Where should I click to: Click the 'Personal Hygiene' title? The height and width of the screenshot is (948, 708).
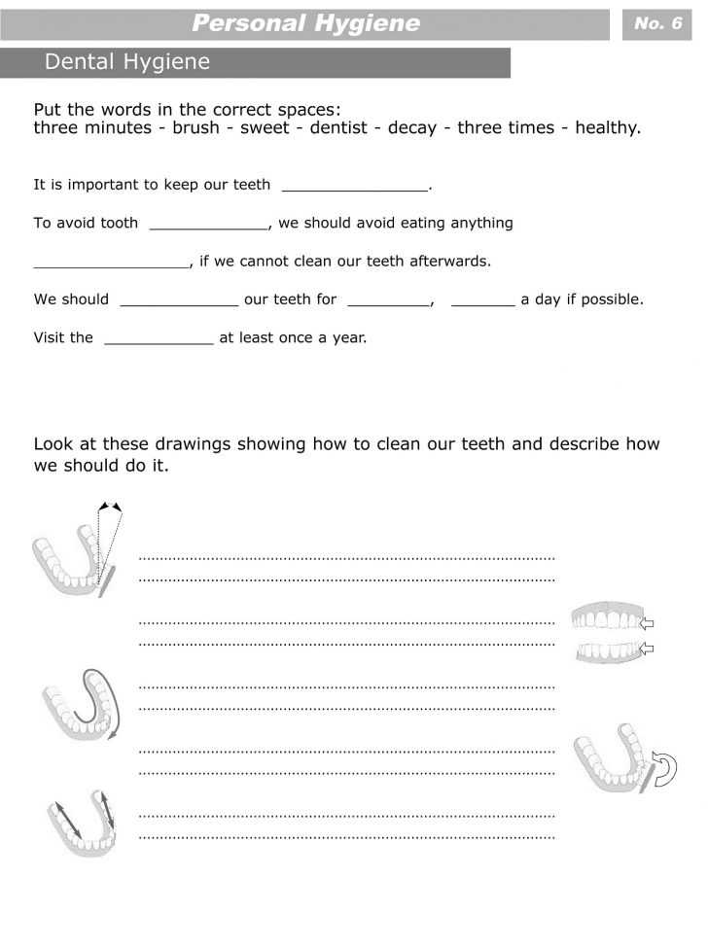click(x=305, y=23)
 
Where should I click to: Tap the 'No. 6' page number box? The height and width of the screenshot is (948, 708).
click(x=657, y=23)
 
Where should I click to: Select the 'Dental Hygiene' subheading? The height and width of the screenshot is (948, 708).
click(x=127, y=63)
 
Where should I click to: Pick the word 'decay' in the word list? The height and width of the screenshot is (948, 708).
click(x=412, y=128)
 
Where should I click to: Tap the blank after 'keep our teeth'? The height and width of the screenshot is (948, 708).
click(x=354, y=185)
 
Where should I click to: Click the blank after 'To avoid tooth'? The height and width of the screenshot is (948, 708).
click(x=208, y=224)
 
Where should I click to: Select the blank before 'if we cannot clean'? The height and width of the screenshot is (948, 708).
click(x=111, y=262)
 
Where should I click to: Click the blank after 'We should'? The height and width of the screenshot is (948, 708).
click(x=179, y=300)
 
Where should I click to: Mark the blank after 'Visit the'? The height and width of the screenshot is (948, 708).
click(x=159, y=338)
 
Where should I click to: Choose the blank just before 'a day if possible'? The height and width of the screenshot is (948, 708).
click(x=483, y=300)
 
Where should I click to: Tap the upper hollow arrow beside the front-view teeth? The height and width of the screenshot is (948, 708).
click(x=649, y=622)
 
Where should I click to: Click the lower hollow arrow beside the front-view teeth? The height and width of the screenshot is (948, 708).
click(x=649, y=648)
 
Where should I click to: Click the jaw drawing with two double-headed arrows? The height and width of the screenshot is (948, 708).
click(x=81, y=822)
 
